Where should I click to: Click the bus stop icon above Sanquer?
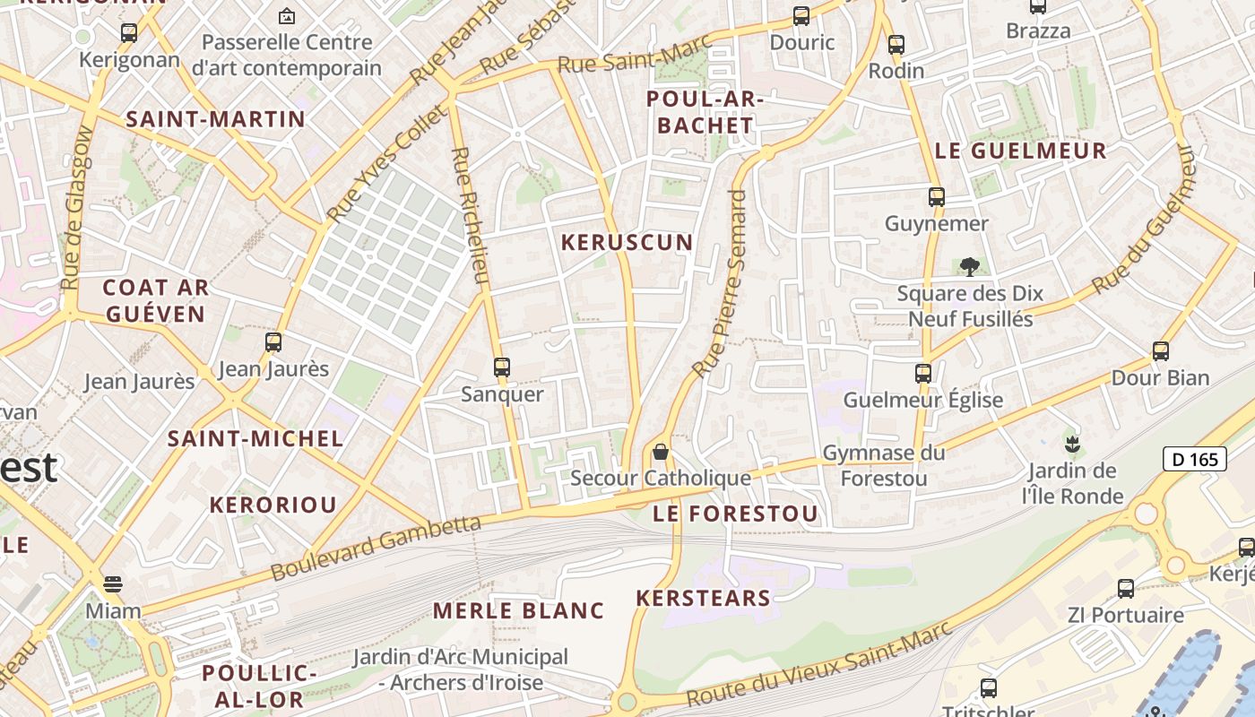502,367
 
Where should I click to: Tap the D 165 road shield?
1195,460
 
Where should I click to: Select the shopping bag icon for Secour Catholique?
661,451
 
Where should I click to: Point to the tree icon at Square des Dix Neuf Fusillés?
969,266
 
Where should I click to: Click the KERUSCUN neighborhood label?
627,242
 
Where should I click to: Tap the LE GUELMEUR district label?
1020,151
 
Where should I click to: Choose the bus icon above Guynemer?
937,196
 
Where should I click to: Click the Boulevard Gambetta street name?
376,547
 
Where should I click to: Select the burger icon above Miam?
112,584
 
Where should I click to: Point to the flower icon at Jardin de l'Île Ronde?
1071,444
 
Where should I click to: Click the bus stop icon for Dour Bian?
1161,350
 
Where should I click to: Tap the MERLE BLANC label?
518,611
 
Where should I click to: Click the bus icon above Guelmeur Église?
923,373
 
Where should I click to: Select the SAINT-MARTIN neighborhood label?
215,119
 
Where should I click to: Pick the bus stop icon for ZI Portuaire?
1126,589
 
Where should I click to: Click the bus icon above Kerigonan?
129,33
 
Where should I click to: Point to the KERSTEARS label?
703,598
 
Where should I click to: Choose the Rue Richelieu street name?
471,216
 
